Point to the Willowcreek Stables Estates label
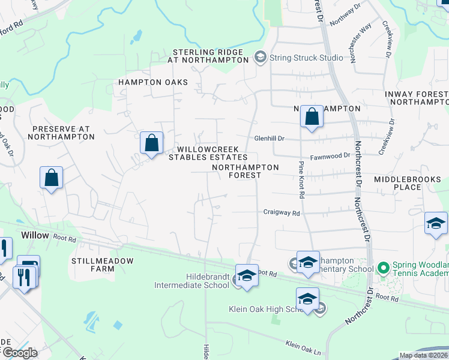(x=208, y=154)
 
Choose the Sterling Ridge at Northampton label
(x=211, y=56)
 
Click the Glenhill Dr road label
(x=268, y=137)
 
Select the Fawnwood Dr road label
(x=331, y=155)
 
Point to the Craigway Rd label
(x=281, y=212)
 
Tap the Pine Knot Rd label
(x=301, y=179)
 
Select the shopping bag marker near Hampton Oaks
(x=152, y=143)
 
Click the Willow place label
(x=35, y=235)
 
